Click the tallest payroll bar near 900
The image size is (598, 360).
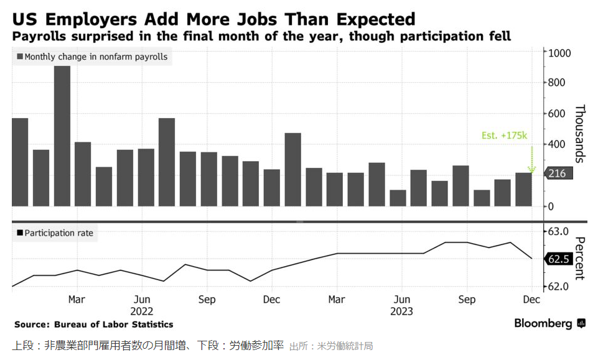pos(62,136)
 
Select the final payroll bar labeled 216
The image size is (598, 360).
pos(524,189)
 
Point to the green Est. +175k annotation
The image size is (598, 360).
pos(504,135)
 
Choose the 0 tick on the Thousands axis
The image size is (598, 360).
pos(551,206)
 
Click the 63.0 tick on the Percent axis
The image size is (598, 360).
pos(558,231)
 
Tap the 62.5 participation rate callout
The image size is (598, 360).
pos(558,259)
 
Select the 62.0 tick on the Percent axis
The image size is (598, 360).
pos(558,287)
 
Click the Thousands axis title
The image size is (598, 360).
pos(579,134)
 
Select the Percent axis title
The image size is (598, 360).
pos(579,258)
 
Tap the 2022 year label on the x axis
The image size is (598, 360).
pos(142,311)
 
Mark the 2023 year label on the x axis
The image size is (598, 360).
pos(402,311)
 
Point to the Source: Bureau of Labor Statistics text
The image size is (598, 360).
pos(94,325)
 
